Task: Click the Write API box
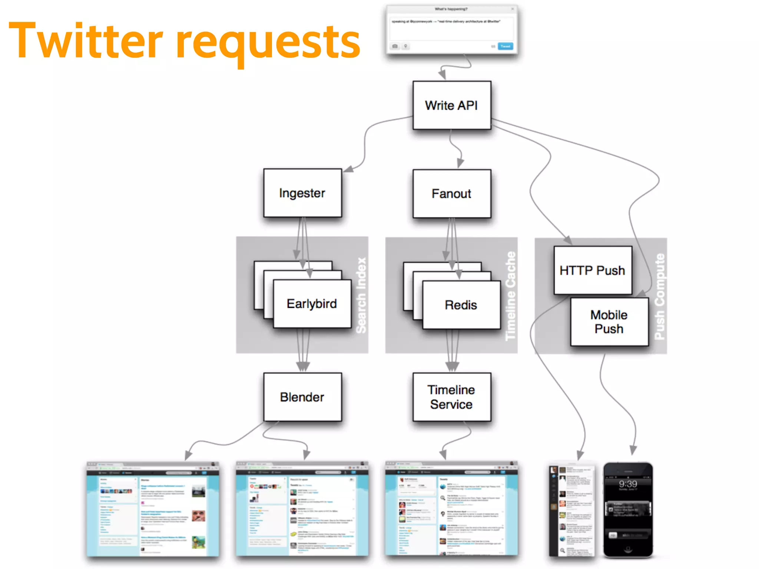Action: pos(452,106)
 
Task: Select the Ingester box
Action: pos(302,193)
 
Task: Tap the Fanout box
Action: pos(452,194)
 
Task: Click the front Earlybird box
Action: pos(312,304)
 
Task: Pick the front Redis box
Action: pos(461,305)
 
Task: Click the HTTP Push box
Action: pos(592,270)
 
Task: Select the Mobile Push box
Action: pos(609,322)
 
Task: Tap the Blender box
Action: pos(302,397)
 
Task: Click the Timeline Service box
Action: pos(452,397)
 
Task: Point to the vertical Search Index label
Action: pos(361,295)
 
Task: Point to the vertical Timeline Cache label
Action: pos(511,296)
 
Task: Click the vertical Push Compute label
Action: pos(660,296)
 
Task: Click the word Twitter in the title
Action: pos(85,41)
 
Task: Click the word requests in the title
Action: pos(268,43)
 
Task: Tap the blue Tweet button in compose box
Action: pos(505,46)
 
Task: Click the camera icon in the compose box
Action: pos(395,46)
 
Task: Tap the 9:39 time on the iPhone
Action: pos(628,484)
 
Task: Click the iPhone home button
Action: pos(628,549)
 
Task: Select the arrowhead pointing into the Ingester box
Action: pos(348,169)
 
